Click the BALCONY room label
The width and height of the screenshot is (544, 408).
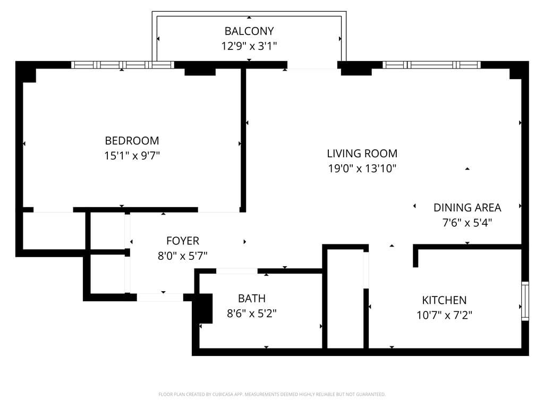click(x=249, y=31)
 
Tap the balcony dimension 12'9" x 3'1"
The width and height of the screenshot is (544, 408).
click(x=249, y=46)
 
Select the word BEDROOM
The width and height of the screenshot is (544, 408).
click(x=132, y=141)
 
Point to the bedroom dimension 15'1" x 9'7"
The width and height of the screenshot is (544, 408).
click(x=132, y=156)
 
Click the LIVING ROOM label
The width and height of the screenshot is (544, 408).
click(x=362, y=154)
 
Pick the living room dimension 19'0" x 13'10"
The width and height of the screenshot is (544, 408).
click(x=362, y=169)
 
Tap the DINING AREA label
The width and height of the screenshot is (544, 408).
click(x=467, y=208)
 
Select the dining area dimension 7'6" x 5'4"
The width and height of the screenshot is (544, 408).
click(x=467, y=223)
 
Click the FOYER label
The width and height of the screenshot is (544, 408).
click(x=182, y=241)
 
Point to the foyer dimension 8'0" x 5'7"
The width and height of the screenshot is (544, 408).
click(x=182, y=256)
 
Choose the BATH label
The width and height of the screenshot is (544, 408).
click(x=251, y=299)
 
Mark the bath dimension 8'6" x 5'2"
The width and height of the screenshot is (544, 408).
click(x=251, y=313)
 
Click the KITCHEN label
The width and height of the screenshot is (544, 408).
click(x=444, y=300)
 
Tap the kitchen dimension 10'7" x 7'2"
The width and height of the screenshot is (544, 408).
click(x=444, y=316)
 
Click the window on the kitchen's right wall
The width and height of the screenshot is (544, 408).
click(x=525, y=301)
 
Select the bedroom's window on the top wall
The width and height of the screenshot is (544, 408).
click(x=123, y=65)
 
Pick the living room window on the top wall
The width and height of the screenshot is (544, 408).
click(x=431, y=65)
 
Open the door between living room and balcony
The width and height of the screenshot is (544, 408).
click(x=312, y=65)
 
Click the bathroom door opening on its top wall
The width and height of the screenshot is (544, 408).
click(x=236, y=271)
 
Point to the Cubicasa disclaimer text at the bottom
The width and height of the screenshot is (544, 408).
click(x=271, y=394)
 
